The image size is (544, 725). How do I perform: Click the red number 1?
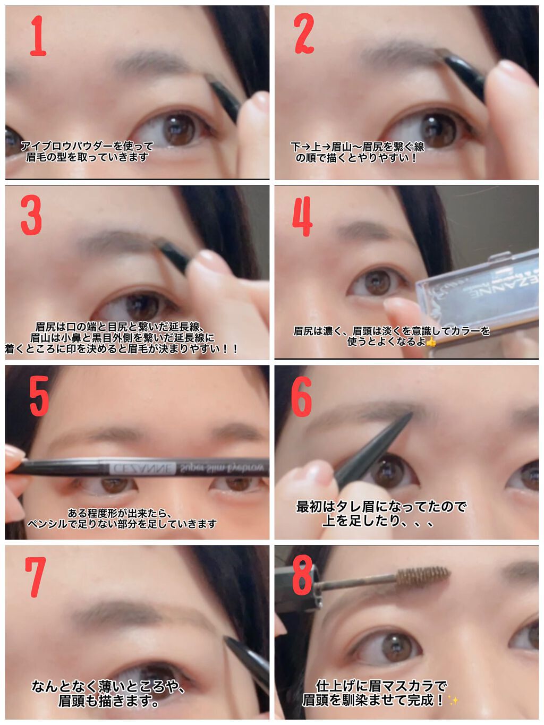tap(38, 36)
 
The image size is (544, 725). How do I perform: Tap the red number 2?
tap(303, 33)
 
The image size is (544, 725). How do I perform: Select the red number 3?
tap(31, 215)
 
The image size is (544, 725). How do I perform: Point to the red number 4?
tap(302, 216)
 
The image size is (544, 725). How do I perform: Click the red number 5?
tap(39, 396)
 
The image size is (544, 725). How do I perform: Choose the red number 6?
tap(302, 396)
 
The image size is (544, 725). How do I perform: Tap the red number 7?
tap(35, 577)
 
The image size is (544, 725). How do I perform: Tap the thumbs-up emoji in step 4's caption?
tap(431, 342)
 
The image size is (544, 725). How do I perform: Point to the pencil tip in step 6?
tap(411, 415)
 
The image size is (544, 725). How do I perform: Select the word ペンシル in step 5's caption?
tap(48, 524)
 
